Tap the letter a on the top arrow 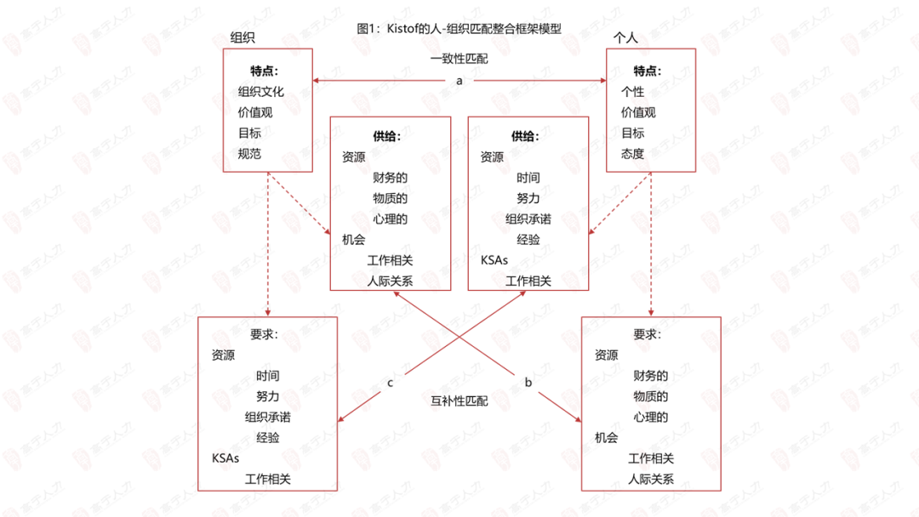click(x=459, y=81)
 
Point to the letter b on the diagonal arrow click(x=528, y=383)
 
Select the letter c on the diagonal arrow click(x=390, y=383)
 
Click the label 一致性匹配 click(x=459, y=60)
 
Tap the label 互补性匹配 click(x=459, y=401)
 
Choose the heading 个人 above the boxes click(x=625, y=38)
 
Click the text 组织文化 click(x=261, y=92)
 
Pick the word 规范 click(x=249, y=154)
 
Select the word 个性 click(x=632, y=92)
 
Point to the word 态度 click(x=632, y=154)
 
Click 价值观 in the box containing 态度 click(x=638, y=112)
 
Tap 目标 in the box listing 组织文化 click(x=249, y=134)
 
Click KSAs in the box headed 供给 click(x=494, y=260)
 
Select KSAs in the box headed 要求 click(x=225, y=458)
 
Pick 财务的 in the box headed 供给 click(x=390, y=178)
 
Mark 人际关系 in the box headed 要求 click(x=651, y=479)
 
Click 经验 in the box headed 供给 click(x=528, y=240)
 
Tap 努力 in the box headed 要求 click(x=267, y=396)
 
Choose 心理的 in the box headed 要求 click(x=651, y=417)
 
